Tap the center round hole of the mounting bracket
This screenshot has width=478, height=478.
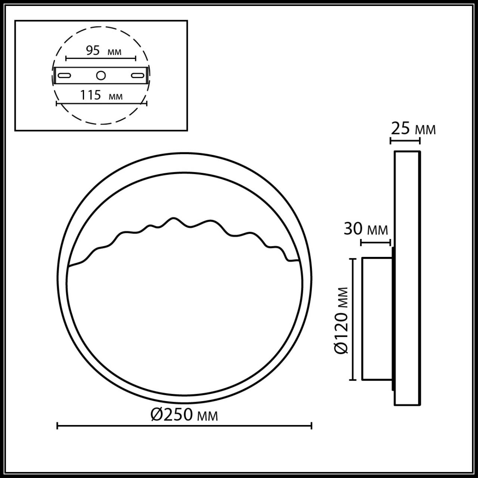point(101,75)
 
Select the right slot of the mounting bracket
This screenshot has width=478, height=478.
point(137,75)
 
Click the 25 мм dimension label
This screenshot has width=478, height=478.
point(413,129)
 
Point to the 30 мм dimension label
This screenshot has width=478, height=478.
point(366,229)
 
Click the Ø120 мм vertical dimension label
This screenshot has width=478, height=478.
point(342,320)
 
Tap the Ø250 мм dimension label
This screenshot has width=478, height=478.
point(184,414)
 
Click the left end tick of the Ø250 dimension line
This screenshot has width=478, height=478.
point(57,425)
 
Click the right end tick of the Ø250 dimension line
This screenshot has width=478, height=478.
point(311,425)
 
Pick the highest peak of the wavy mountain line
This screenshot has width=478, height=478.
point(173,218)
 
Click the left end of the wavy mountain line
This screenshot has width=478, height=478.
point(69,266)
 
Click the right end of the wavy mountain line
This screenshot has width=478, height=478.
point(298,260)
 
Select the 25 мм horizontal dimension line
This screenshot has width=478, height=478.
point(405,140)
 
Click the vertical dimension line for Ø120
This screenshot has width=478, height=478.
point(352,319)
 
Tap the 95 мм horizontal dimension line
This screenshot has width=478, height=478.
point(101,58)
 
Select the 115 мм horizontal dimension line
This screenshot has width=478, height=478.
point(101,103)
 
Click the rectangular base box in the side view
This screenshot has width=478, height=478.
point(376,319)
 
